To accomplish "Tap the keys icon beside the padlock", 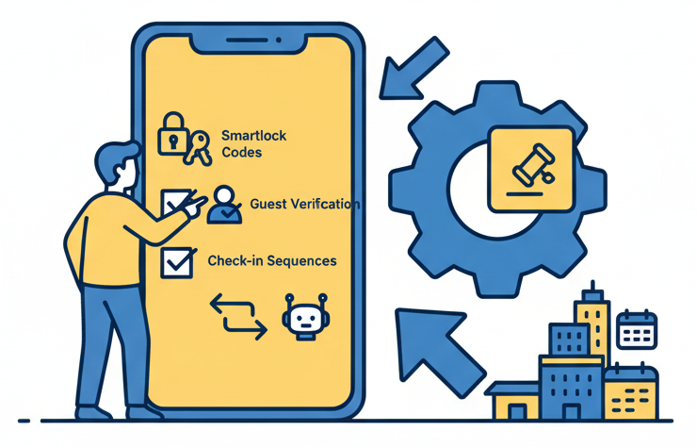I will click(197, 148).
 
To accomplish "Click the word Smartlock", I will click(253, 136).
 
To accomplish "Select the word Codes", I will click(241, 152).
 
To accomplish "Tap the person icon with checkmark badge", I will click(224, 204).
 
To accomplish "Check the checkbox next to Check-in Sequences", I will click(174, 262).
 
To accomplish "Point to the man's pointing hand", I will click(193, 205).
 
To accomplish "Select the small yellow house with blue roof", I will click(513, 401).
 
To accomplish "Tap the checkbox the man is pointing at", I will click(173, 201).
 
